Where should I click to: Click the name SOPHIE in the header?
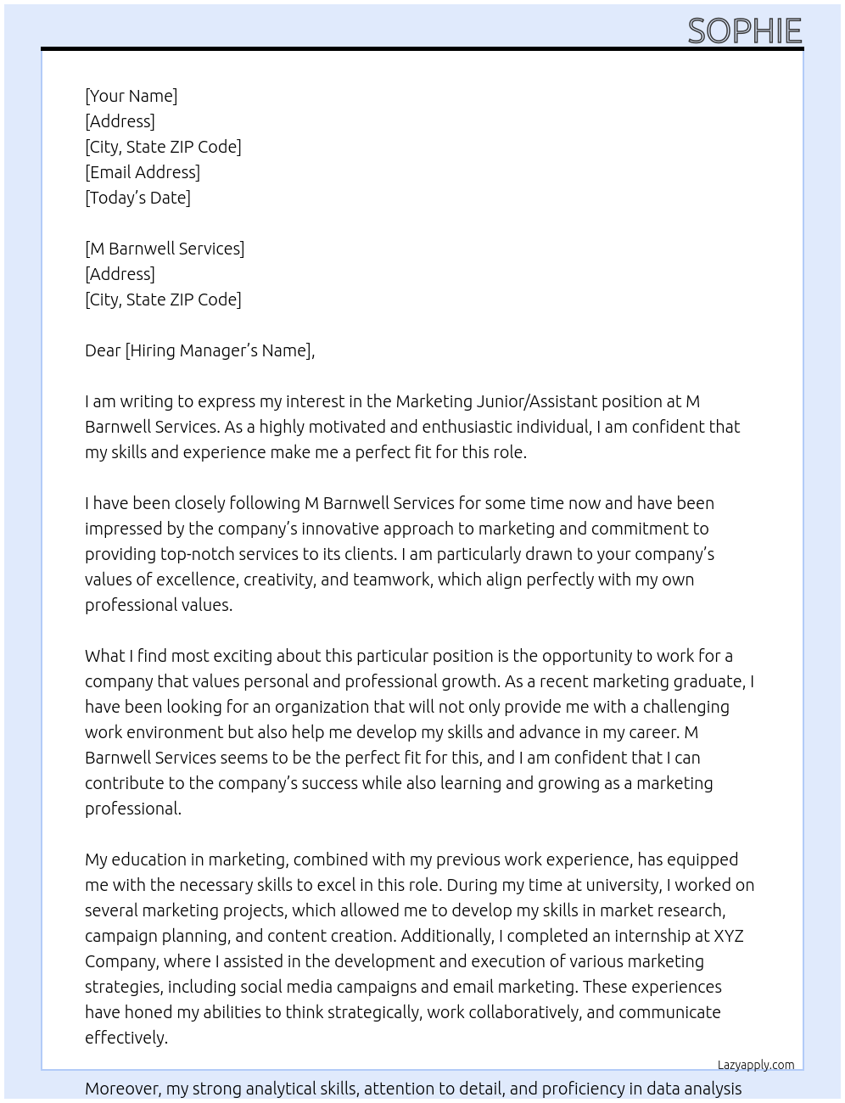tap(744, 31)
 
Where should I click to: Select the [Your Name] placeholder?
tap(131, 96)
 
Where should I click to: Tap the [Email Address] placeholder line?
tap(143, 172)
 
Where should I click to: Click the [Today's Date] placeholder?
tap(137, 198)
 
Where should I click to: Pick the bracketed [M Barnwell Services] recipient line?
tap(165, 249)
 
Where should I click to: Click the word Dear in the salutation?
tap(103, 350)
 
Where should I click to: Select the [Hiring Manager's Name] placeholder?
tap(219, 350)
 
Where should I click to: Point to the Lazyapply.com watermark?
tap(756, 1065)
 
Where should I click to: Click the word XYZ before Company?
tap(728, 936)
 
